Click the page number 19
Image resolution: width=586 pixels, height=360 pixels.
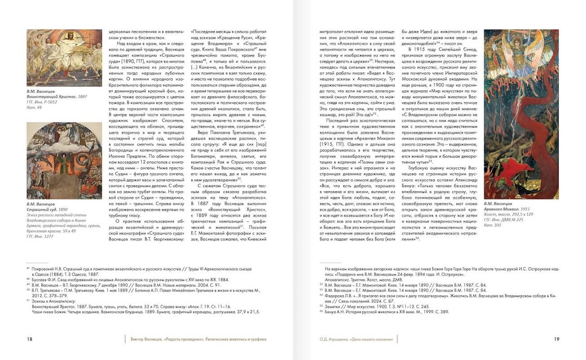pyautogui.click(x=557, y=339)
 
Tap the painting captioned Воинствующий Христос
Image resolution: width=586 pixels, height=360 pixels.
pyautogui.click(x=64, y=58)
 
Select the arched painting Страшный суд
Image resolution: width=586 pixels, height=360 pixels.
pyautogui.click(x=64, y=161)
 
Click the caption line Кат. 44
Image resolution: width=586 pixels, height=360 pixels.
pyautogui.click(x=33, y=108)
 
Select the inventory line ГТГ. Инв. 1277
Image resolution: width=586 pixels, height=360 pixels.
pyautogui.click(x=41, y=236)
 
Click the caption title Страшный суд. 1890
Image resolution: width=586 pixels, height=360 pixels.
pyautogui.click(x=47, y=210)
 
